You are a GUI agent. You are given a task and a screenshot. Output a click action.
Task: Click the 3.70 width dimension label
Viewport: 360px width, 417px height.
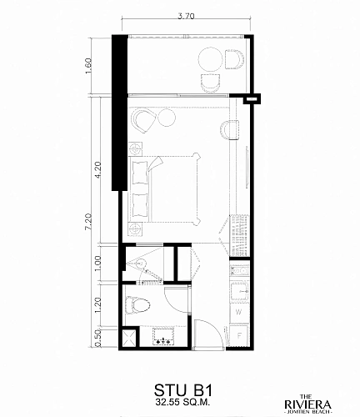186,16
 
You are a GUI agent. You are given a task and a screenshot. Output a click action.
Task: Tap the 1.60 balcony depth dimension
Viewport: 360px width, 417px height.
88,66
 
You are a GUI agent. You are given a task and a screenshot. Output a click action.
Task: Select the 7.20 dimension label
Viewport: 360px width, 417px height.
88,222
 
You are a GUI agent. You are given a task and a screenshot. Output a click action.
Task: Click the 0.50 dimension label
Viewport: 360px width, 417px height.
98,339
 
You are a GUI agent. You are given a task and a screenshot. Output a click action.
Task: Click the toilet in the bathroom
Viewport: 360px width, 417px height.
137,305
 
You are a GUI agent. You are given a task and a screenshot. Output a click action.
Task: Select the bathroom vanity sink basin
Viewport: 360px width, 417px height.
163,337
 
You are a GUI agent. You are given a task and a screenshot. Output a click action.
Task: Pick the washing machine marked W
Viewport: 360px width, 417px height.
238,312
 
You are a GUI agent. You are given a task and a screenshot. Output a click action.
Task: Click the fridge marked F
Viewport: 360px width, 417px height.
239,336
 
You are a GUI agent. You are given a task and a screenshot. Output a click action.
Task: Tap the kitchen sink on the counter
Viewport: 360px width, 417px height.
240,291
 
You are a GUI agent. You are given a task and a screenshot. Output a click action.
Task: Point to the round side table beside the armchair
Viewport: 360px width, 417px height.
167,118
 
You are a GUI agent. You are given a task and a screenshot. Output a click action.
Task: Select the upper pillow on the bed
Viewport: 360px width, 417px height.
140,172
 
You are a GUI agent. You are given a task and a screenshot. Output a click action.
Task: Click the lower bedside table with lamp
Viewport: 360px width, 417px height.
136,229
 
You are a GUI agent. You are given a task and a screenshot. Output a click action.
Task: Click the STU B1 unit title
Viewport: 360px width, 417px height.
183,390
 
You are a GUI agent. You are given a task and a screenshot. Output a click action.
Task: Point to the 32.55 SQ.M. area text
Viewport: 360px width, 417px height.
182,402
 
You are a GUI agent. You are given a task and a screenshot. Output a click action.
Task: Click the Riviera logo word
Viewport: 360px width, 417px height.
307,404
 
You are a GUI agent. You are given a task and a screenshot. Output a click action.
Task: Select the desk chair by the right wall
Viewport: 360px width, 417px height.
230,130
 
